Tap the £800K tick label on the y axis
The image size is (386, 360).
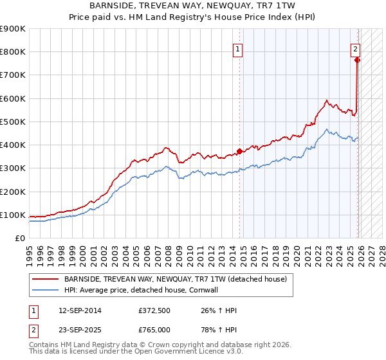coord(13,52)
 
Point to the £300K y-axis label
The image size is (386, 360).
coord(13,168)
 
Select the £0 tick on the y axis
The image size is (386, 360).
coord(19,239)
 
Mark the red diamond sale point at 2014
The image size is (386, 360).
coord(240,152)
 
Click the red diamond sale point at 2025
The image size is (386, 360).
coord(358,60)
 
